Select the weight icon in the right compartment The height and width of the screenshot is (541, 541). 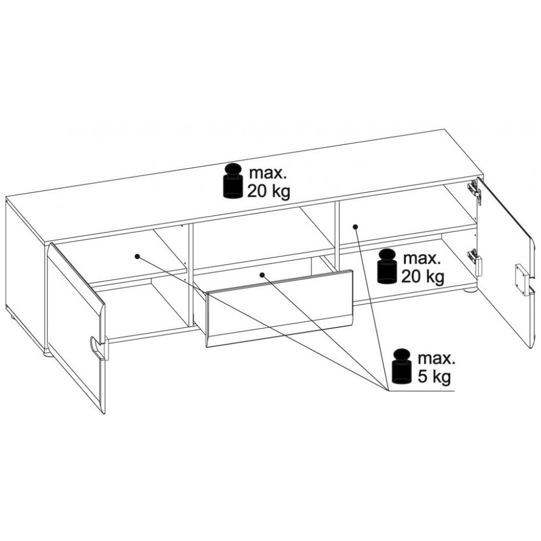[x=387, y=266]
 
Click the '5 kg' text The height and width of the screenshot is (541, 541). [x=434, y=377]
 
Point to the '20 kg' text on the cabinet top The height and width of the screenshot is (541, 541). [x=268, y=191]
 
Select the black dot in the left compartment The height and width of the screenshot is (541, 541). [x=137, y=256]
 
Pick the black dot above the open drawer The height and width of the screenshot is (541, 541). [x=262, y=275]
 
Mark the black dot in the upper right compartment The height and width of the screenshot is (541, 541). [x=355, y=227]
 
